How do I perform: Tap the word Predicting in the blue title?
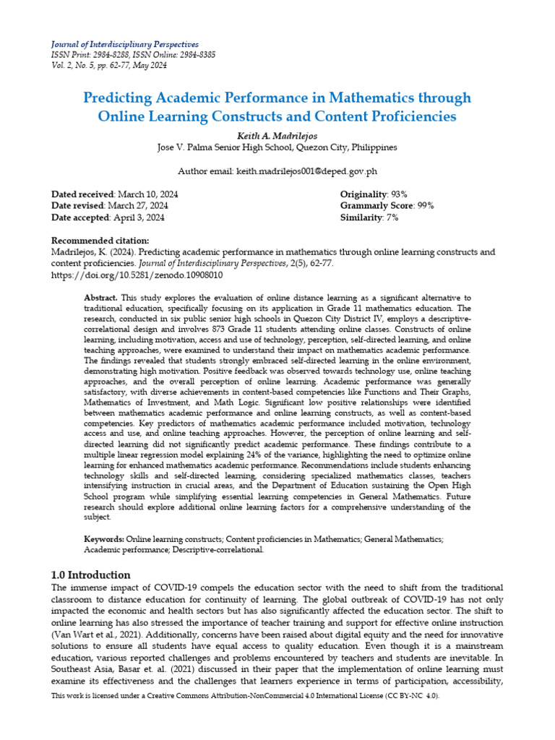tap(120, 97)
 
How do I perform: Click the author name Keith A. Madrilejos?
tap(277, 135)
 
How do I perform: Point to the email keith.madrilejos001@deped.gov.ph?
tap(306, 171)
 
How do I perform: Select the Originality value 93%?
tap(399, 194)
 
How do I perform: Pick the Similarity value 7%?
tap(392, 217)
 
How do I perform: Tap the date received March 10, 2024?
tap(147, 194)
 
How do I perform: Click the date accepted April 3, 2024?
tap(137, 217)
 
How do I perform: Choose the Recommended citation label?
tap(100, 241)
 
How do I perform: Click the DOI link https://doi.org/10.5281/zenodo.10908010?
tap(137, 275)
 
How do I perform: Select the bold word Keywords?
tap(104, 539)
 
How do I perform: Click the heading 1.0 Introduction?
tap(91, 575)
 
